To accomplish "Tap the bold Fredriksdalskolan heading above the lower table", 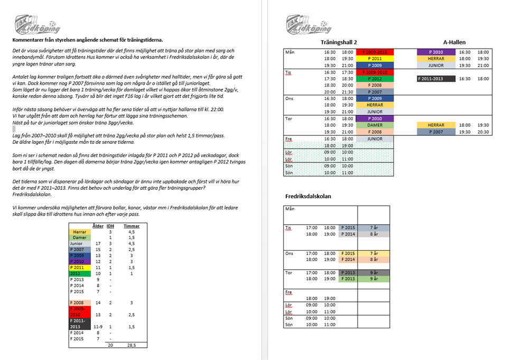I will tap(308, 196).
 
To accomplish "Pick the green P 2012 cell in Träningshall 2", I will tap(375, 79).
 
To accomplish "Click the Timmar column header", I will tap(132, 226).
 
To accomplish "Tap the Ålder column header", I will tap(98, 226).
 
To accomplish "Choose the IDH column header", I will tap(110, 226).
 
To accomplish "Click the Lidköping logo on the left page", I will tap(37, 25).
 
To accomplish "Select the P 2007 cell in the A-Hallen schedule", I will tap(435, 132).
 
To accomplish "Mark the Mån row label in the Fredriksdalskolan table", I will tap(289, 209).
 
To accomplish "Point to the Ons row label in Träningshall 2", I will tap(289, 98).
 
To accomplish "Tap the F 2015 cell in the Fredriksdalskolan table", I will tap(349, 253).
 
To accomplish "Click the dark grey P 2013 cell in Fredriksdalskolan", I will tap(349, 273).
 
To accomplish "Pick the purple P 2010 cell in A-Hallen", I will tap(435, 52).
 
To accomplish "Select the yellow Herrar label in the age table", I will tap(80, 232).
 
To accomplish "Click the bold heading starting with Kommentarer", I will tap(88, 40).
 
